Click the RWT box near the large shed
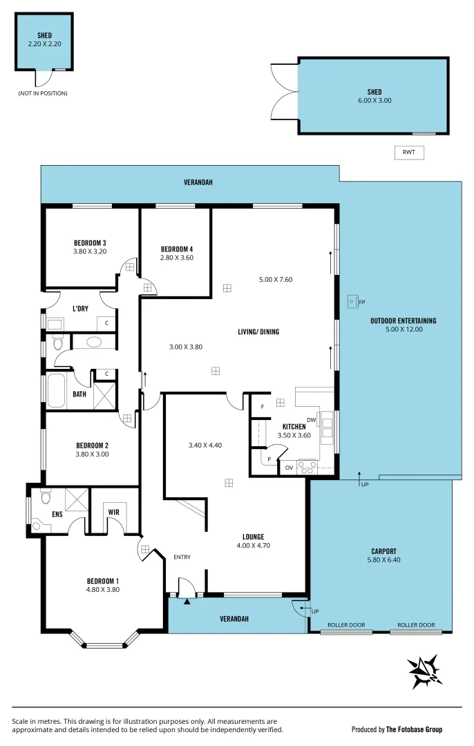(x=408, y=153)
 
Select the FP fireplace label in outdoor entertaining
(x=362, y=302)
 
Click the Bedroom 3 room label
(x=90, y=242)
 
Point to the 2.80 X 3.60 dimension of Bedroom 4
(x=177, y=258)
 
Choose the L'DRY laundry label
(x=80, y=309)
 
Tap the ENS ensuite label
(x=57, y=515)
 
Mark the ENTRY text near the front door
(x=182, y=557)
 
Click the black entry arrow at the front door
(x=187, y=602)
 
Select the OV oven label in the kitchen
(x=288, y=467)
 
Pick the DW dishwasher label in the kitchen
(x=311, y=420)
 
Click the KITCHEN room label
(x=294, y=427)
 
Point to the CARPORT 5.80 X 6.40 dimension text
(x=383, y=560)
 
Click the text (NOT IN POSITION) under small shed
(x=43, y=93)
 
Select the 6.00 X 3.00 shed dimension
(x=374, y=101)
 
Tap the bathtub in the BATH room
(x=55, y=391)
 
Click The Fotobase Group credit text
(x=413, y=729)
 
